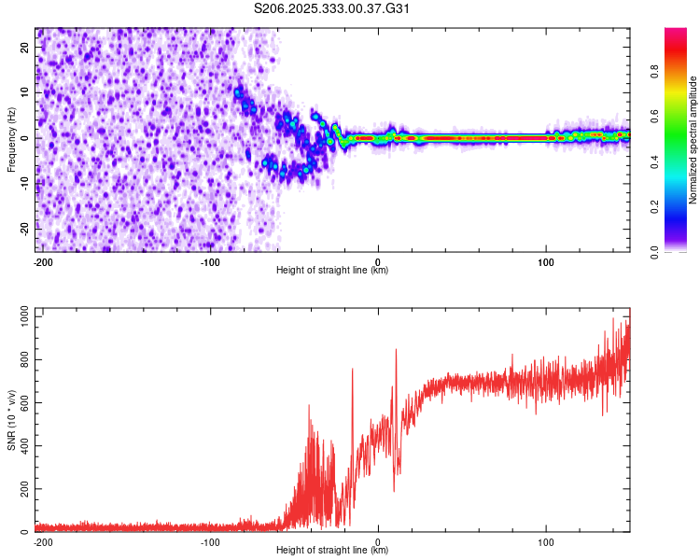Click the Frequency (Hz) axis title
11,140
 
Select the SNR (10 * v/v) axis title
11,418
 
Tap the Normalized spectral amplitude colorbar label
693,140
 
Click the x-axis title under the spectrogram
332,271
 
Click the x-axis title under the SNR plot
332,551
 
